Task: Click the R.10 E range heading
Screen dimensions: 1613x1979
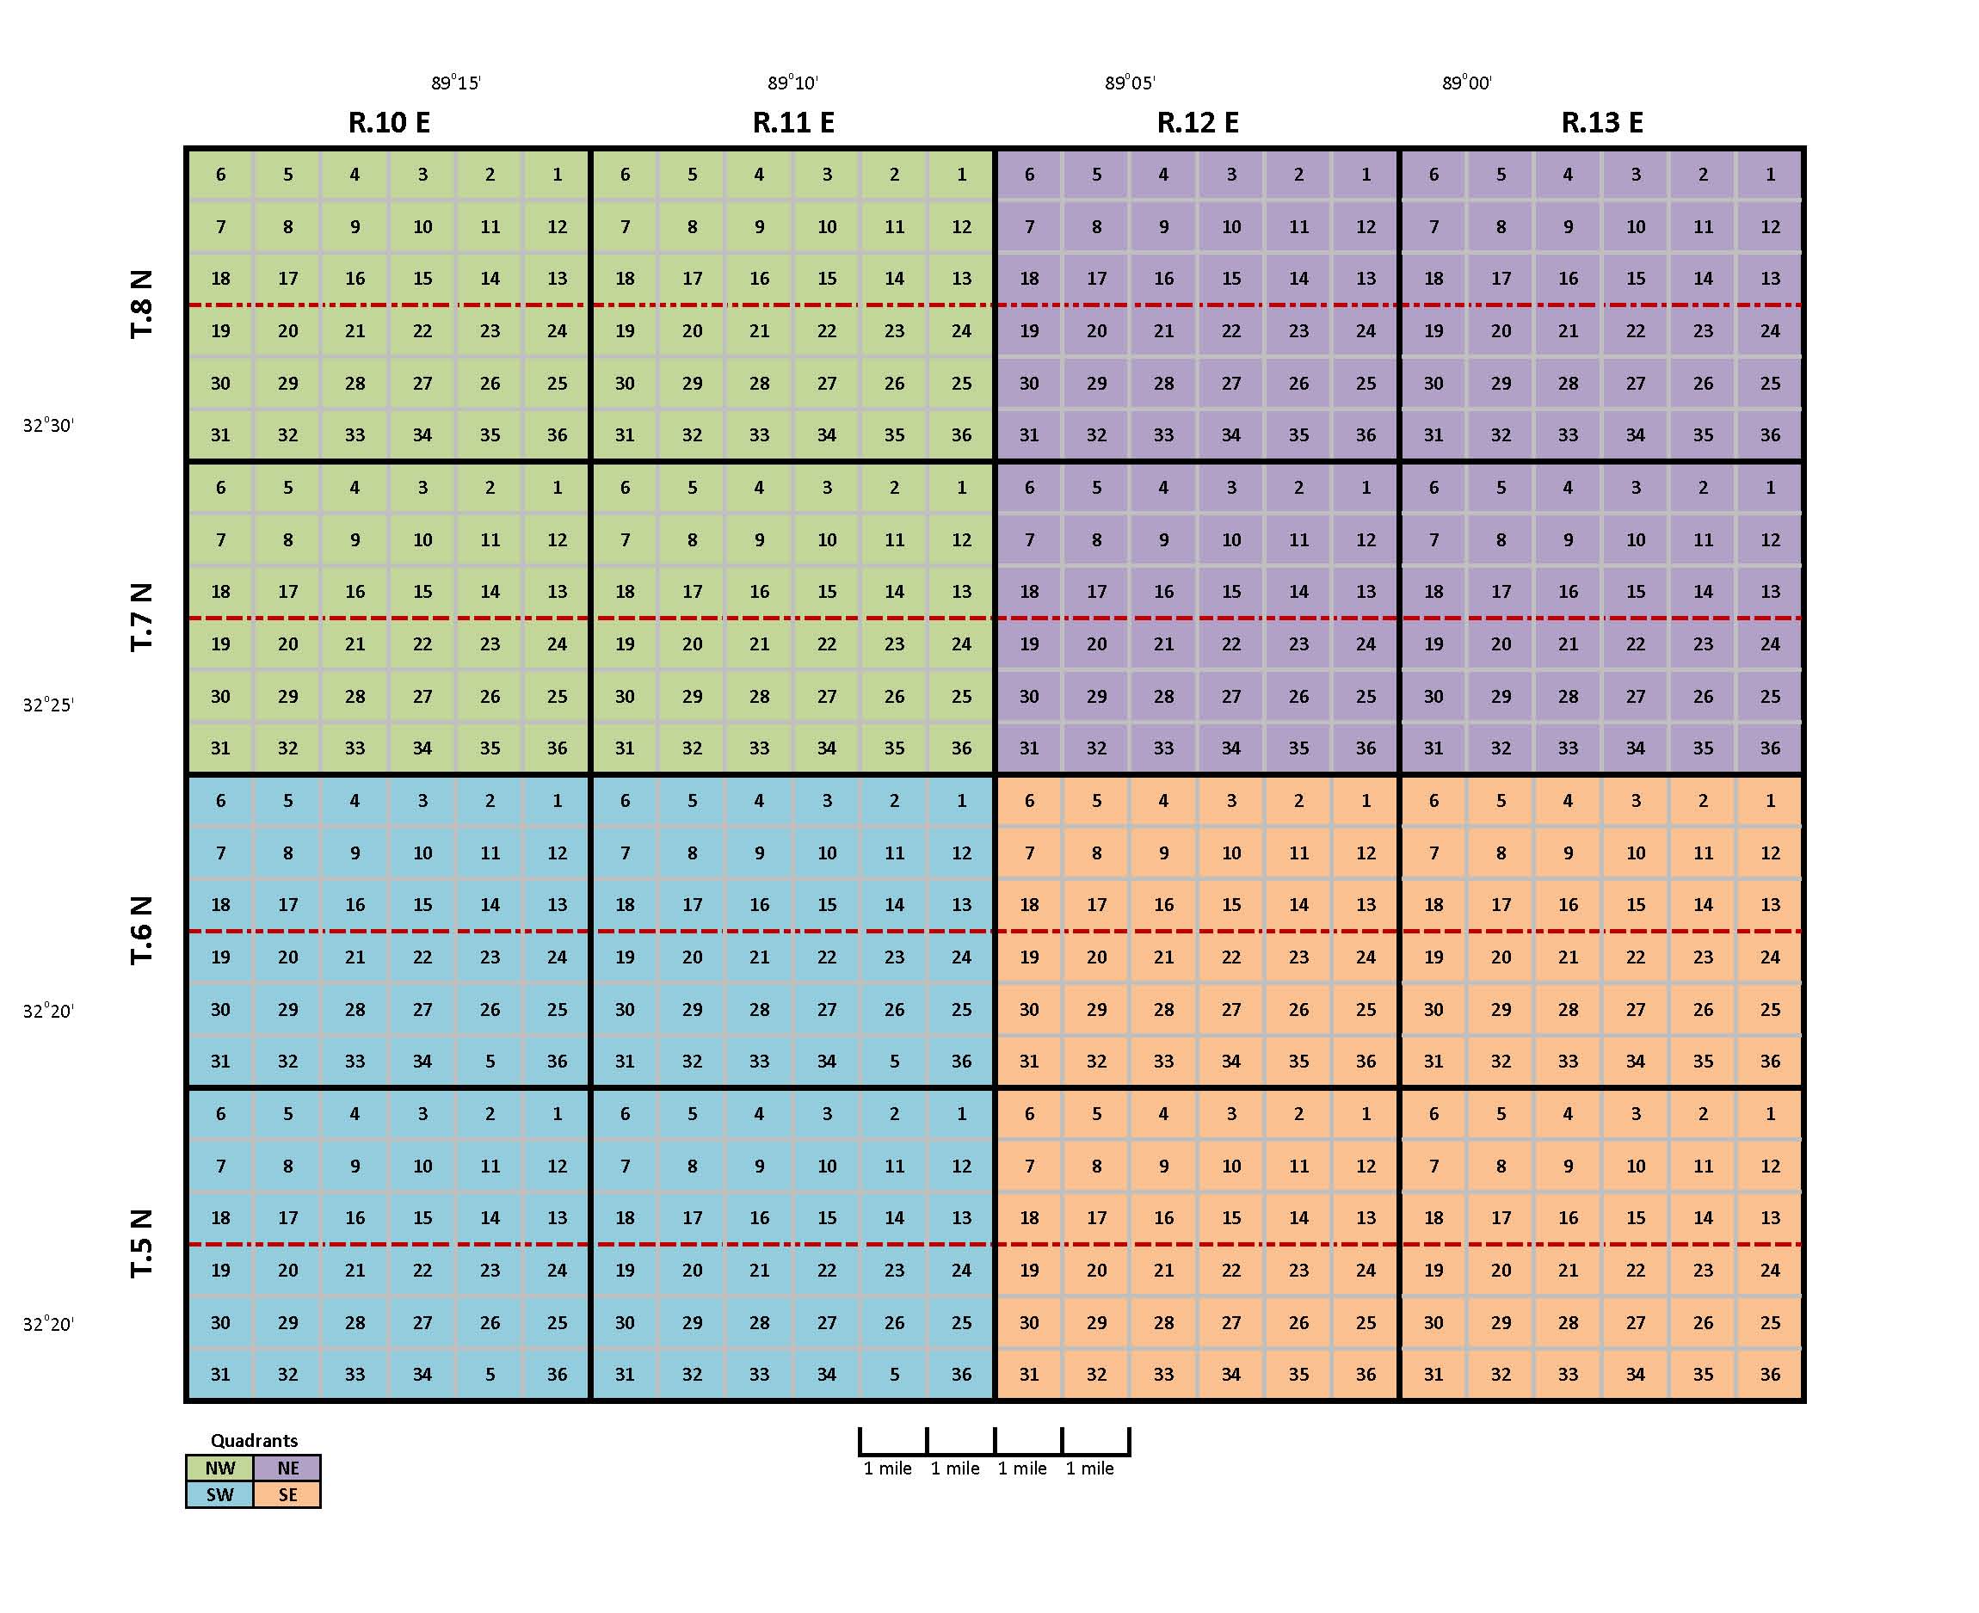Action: tap(388, 123)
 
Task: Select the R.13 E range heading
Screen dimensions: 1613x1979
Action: tap(1602, 123)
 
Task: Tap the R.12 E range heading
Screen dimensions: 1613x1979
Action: tap(1198, 123)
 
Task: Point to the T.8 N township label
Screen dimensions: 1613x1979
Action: tap(141, 305)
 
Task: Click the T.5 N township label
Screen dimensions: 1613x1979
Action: tap(141, 1243)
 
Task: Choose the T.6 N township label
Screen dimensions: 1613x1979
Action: tap(141, 930)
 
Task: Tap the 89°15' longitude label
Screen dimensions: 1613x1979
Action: tap(455, 83)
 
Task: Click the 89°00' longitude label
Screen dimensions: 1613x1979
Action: tap(1466, 83)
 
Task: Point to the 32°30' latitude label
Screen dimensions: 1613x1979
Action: tap(48, 426)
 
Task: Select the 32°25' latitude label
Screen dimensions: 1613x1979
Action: tap(48, 705)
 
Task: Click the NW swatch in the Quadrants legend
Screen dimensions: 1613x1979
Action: tap(220, 1468)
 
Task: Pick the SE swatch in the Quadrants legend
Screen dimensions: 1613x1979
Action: tap(288, 1495)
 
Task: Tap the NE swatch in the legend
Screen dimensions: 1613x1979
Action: tap(288, 1468)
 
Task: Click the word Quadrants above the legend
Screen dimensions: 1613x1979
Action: tap(254, 1441)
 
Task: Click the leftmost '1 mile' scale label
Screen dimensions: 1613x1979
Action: tap(887, 1469)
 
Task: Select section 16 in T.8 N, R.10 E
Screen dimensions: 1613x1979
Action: tap(354, 279)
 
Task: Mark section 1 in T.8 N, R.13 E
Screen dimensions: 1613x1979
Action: tap(1770, 175)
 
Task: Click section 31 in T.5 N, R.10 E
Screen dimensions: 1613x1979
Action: tap(220, 1374)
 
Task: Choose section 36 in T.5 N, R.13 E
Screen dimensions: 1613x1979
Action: tap(1770, 1374)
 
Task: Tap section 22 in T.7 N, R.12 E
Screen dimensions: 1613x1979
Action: tap(1231, 643)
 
